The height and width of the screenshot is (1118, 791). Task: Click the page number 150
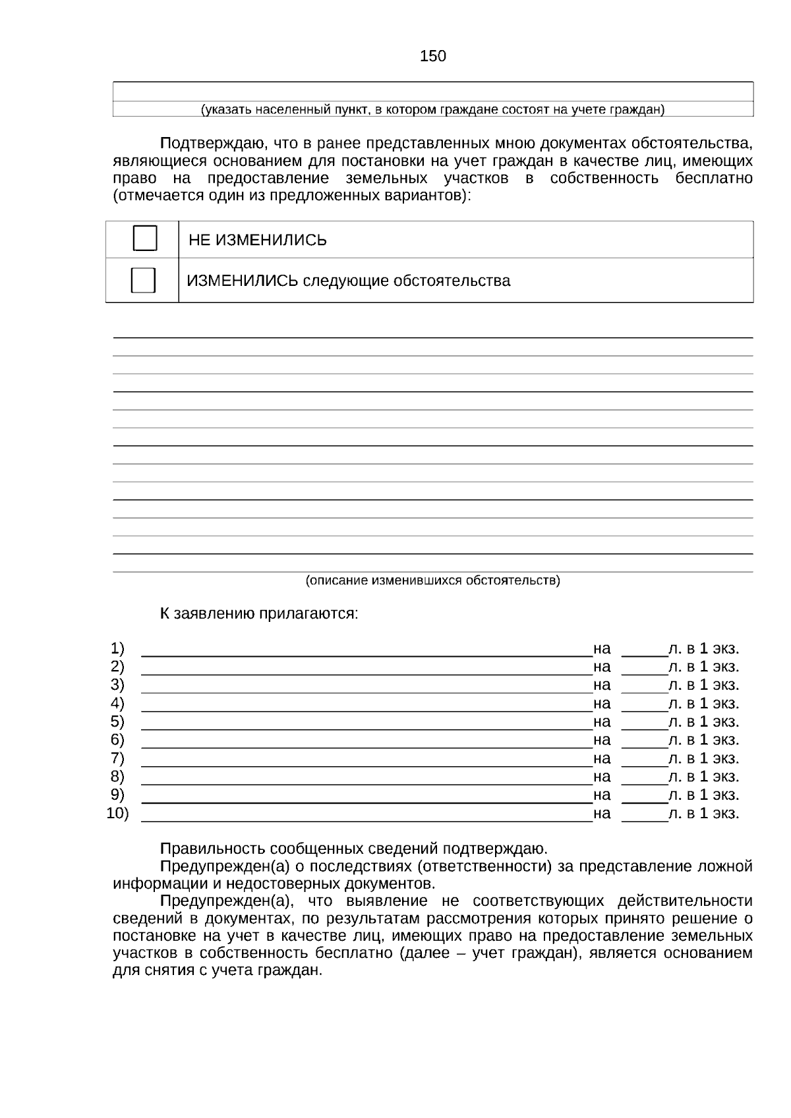pyautogui.click(x=433, y=57)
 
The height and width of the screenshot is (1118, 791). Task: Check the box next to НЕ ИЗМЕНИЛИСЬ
pyautogui.click(x=145, y=238)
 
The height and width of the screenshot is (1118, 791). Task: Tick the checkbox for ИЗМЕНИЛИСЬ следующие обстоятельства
pyautogui.click(x=143, y=280)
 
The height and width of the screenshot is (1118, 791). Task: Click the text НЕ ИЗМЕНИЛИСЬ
pyautogui.click(x=258, y=240)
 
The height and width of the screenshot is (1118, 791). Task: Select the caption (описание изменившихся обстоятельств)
pyautogui.click(x=432, y=580)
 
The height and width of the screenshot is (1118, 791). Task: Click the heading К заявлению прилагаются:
pyautogui.click(x=259, y=614)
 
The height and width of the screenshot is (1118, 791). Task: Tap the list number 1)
pyautogui.click(x=117, y=648)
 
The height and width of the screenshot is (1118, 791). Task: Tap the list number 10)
pyautogui.click(x=117, y=813)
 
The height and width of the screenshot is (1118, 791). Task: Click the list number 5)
pyautogui.click(x=117, y=721)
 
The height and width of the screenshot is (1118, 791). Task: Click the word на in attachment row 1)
pyautogui.click(x=602, y=648)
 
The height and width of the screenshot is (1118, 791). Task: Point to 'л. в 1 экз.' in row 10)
pyautogui.click(x=704, y=814)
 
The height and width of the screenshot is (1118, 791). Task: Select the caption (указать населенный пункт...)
pyautogui.click(x=432, y=109)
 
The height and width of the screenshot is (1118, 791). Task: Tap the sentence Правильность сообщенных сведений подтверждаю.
pyautogui.click(x=354, y=849)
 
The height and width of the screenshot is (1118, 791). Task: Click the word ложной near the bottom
pyautogui.click(x=726, y=866)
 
